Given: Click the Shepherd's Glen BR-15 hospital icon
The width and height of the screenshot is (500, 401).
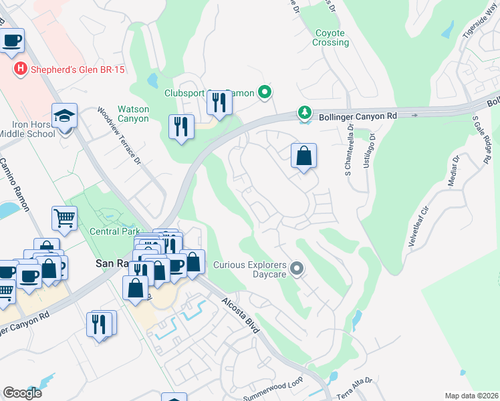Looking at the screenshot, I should click(21, 68).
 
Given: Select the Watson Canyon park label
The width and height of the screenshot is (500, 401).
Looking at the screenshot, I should click(132, 114).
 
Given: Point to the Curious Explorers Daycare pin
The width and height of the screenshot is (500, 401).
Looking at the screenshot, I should click(297, 269).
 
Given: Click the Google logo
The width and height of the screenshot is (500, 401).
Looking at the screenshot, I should click(22, 393).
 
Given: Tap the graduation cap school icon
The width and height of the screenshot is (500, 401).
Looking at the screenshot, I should click(64, 118).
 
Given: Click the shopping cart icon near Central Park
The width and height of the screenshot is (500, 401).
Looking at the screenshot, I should click(64, 217).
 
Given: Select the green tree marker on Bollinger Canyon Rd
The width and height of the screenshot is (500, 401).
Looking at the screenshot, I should click(305, 113).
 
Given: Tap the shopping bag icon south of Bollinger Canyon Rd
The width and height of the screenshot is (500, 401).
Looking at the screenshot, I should click(303, 156).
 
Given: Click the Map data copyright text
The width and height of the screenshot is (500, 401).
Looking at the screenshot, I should click(472, 396).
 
